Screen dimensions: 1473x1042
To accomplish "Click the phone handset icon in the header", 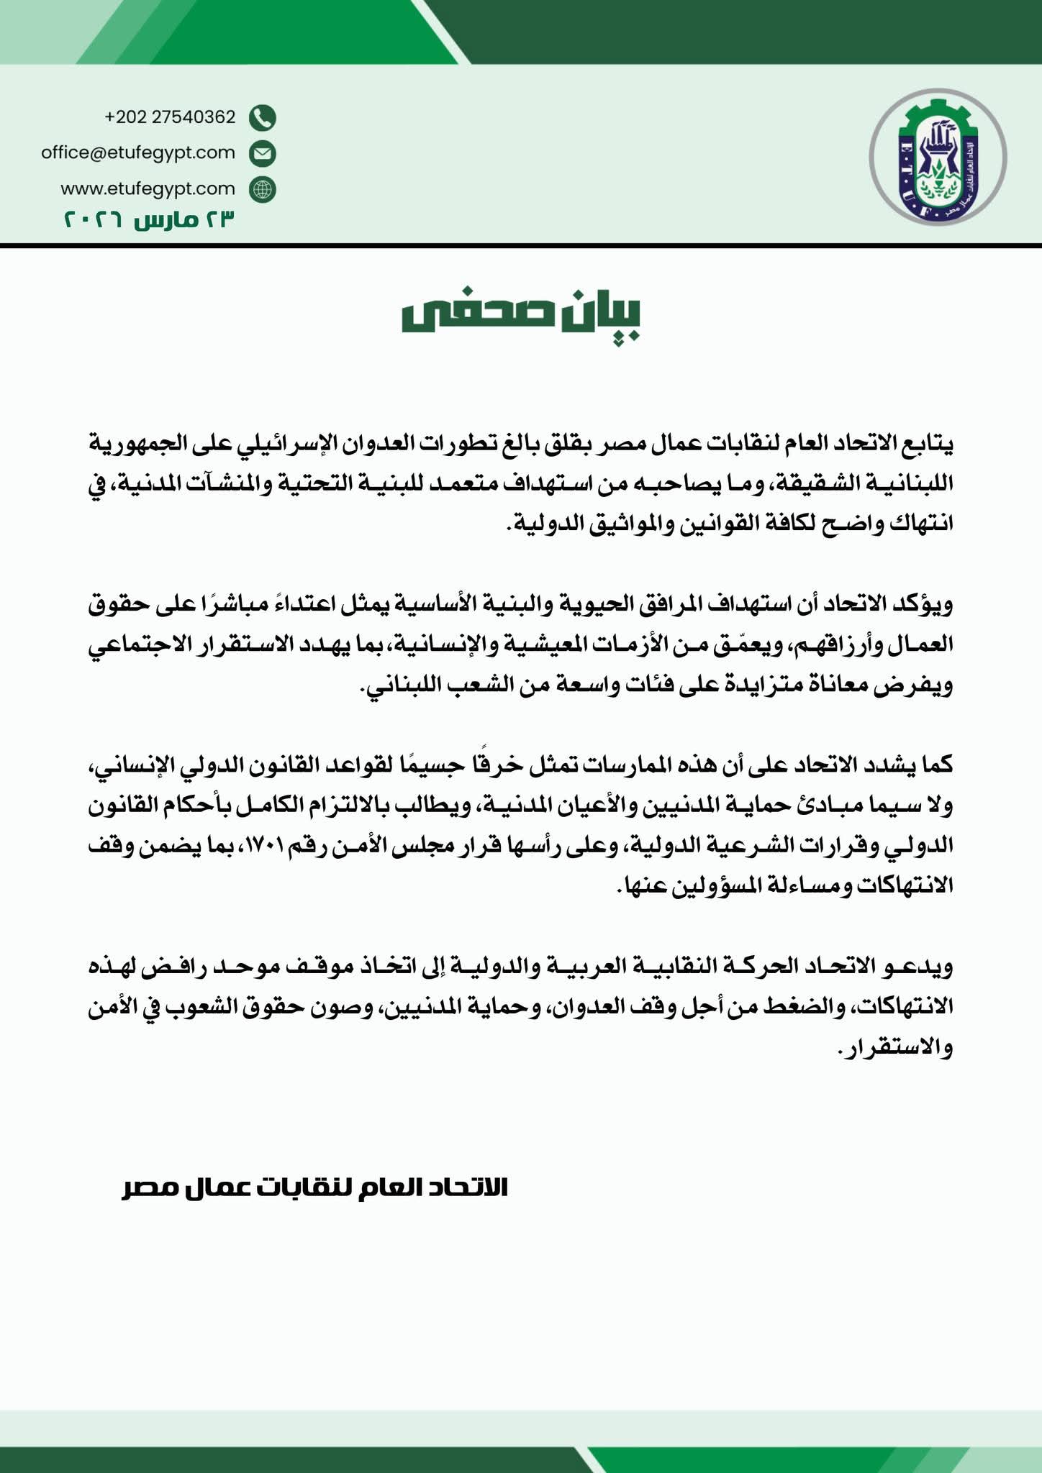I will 263,117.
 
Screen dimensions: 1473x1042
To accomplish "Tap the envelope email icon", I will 263,153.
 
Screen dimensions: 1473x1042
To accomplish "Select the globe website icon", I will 263,189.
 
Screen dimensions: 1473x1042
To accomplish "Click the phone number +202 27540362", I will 170,117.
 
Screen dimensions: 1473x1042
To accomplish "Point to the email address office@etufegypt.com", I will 138,152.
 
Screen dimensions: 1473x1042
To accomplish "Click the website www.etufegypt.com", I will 148,188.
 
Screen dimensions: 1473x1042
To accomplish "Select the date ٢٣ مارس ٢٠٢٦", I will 150,219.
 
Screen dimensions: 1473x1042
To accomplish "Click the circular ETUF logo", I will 937,158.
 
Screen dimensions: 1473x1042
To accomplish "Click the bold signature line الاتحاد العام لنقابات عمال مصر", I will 315,1187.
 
